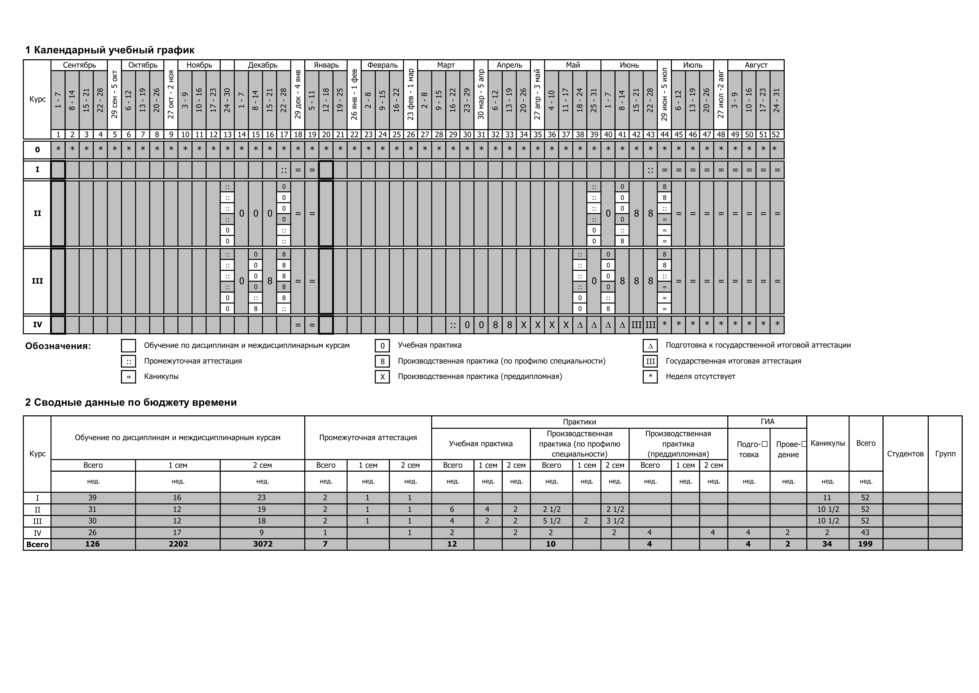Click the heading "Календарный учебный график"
[110, 50]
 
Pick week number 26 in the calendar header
[411, 134]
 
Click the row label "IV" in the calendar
[37, 325]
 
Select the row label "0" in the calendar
[37, 150]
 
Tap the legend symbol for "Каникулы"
[128, 377]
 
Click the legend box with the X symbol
[382, 377]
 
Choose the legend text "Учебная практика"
[429, 345]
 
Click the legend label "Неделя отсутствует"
[700, 376]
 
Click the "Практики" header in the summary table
[579, 422]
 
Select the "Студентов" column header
[905, 454]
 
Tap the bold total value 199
[865, 544]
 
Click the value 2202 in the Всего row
[178, 544]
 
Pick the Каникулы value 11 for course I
[827, 498]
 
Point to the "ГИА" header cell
[767, 422]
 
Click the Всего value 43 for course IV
[865, 533]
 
